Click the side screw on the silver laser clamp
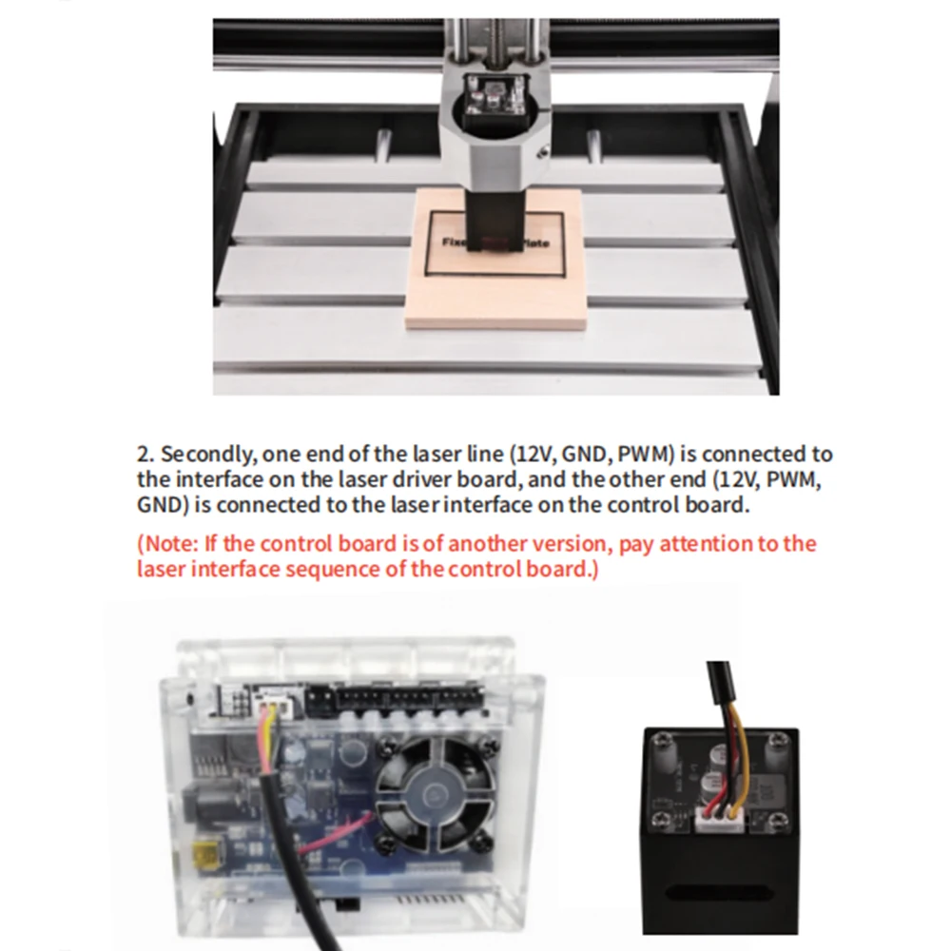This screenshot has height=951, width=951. click(545, 148)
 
